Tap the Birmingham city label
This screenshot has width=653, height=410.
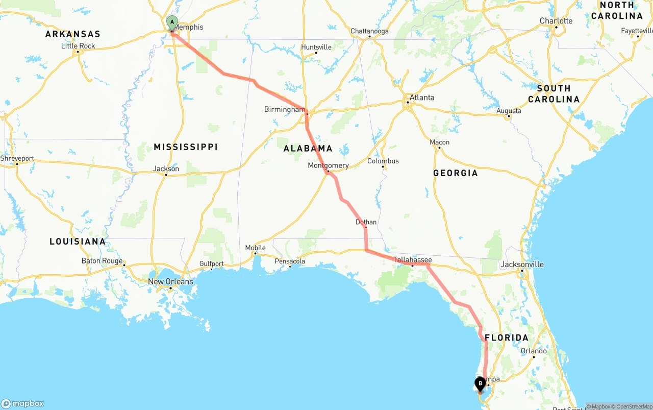[284, 109]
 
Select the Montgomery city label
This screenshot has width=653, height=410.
[328, 165]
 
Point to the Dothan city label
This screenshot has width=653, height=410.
[366, 222]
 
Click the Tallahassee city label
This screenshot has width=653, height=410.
[412, 260]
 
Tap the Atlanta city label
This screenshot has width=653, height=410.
[422, 98]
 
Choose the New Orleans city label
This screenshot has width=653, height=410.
[170, 281]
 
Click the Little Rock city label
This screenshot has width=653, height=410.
[78, 46]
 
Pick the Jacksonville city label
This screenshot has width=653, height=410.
[522, 264]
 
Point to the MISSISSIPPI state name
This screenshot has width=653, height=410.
[186, 147]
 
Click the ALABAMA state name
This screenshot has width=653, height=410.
[308, 149]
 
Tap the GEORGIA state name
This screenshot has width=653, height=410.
[456, 173]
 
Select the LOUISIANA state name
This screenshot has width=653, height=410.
[78, 242]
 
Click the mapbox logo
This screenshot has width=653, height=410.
[22, 403]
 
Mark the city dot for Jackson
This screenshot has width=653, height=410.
[166, 175]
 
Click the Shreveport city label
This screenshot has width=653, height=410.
[17, 158]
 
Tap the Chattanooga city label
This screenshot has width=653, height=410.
[369, 31]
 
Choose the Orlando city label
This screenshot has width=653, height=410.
[534, 351]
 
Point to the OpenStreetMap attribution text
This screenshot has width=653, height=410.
[634, 406]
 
